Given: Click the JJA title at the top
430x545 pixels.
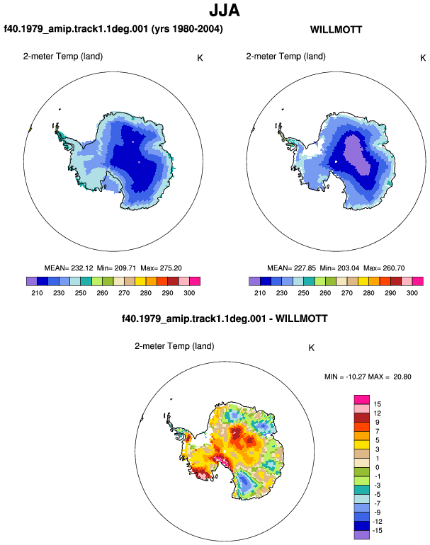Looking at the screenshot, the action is [225, 11].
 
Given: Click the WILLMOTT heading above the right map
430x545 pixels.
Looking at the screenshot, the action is [336, 30].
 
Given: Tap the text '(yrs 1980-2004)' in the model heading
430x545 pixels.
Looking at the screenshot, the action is [187, 29].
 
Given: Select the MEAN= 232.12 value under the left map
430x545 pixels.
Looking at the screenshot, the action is [69, 268].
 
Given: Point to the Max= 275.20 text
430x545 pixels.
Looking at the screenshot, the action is [161, 268].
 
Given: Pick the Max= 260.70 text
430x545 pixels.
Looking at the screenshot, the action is [384, 268].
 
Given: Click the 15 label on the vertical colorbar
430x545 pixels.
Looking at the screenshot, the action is [377, 404].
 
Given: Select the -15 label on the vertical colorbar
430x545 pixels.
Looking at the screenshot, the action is [377, 530].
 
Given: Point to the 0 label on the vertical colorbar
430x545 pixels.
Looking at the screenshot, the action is [377, 467].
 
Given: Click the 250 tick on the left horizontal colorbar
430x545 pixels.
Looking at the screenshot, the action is [80, 293].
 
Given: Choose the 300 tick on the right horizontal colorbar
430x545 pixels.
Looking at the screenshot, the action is [412, 293].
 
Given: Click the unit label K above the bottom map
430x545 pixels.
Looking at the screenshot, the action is [312, 348].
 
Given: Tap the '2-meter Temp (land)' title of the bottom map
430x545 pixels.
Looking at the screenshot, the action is [174, 346].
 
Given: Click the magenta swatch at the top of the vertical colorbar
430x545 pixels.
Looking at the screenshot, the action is [362, 400].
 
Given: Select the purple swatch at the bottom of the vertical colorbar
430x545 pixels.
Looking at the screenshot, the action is [362, 535].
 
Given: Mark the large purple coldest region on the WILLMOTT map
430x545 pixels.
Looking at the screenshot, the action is [357, 155].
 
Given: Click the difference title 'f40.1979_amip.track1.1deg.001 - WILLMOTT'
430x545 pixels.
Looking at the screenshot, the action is [225, 319].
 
